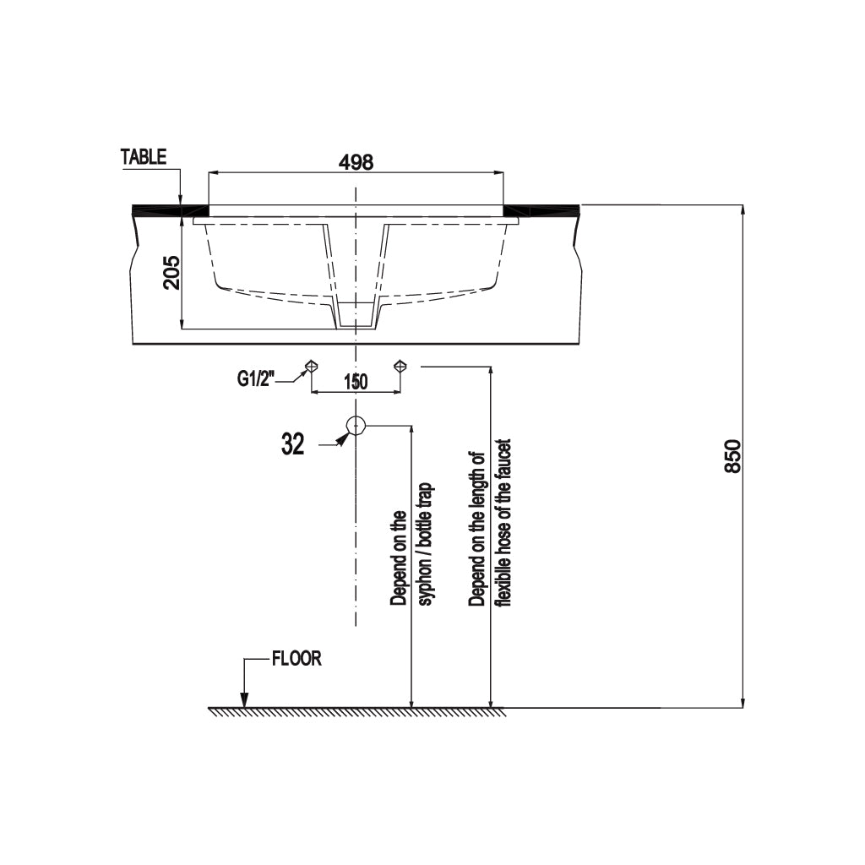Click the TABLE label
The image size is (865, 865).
[x=144, y=156]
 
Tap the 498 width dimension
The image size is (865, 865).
[x=356, y=162]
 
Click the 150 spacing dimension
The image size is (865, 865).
[x=356, y=381]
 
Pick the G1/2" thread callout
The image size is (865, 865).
[x=255, y=379]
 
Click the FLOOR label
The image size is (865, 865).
[x=296, y=659]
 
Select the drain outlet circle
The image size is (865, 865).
[x=356, y=426]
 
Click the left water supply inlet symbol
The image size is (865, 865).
[x=312, y=365]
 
